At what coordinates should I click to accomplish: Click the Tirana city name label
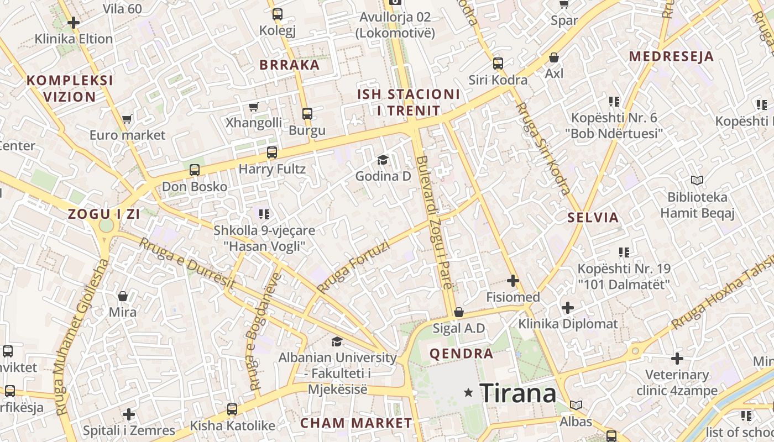[518, 393]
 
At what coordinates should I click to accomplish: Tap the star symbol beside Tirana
[469, 393]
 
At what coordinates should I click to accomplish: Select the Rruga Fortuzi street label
[354, 267]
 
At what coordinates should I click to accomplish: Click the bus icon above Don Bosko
[195, 170]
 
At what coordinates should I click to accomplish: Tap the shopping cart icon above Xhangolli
[254, 107]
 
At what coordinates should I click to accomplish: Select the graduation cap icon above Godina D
[383, 160]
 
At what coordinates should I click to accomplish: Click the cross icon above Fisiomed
[513, 281]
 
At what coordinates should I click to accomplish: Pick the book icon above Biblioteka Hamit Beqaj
[697, 180]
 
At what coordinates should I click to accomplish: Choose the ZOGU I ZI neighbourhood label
[104, 214]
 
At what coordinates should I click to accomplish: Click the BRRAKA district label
[290, 65]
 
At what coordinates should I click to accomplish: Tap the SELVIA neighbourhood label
[593, 217]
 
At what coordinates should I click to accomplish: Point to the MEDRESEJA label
[671, 56]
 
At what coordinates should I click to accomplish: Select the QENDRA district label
[461, 354]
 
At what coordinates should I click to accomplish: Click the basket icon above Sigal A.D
[458, 313]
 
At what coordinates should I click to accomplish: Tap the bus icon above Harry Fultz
[271, 152]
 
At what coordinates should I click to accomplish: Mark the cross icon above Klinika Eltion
[74, 23]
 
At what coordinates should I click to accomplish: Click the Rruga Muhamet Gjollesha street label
[82, 337]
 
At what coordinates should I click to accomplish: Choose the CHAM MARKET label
[356, 423]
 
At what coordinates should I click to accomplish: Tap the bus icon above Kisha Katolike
[232, 409]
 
